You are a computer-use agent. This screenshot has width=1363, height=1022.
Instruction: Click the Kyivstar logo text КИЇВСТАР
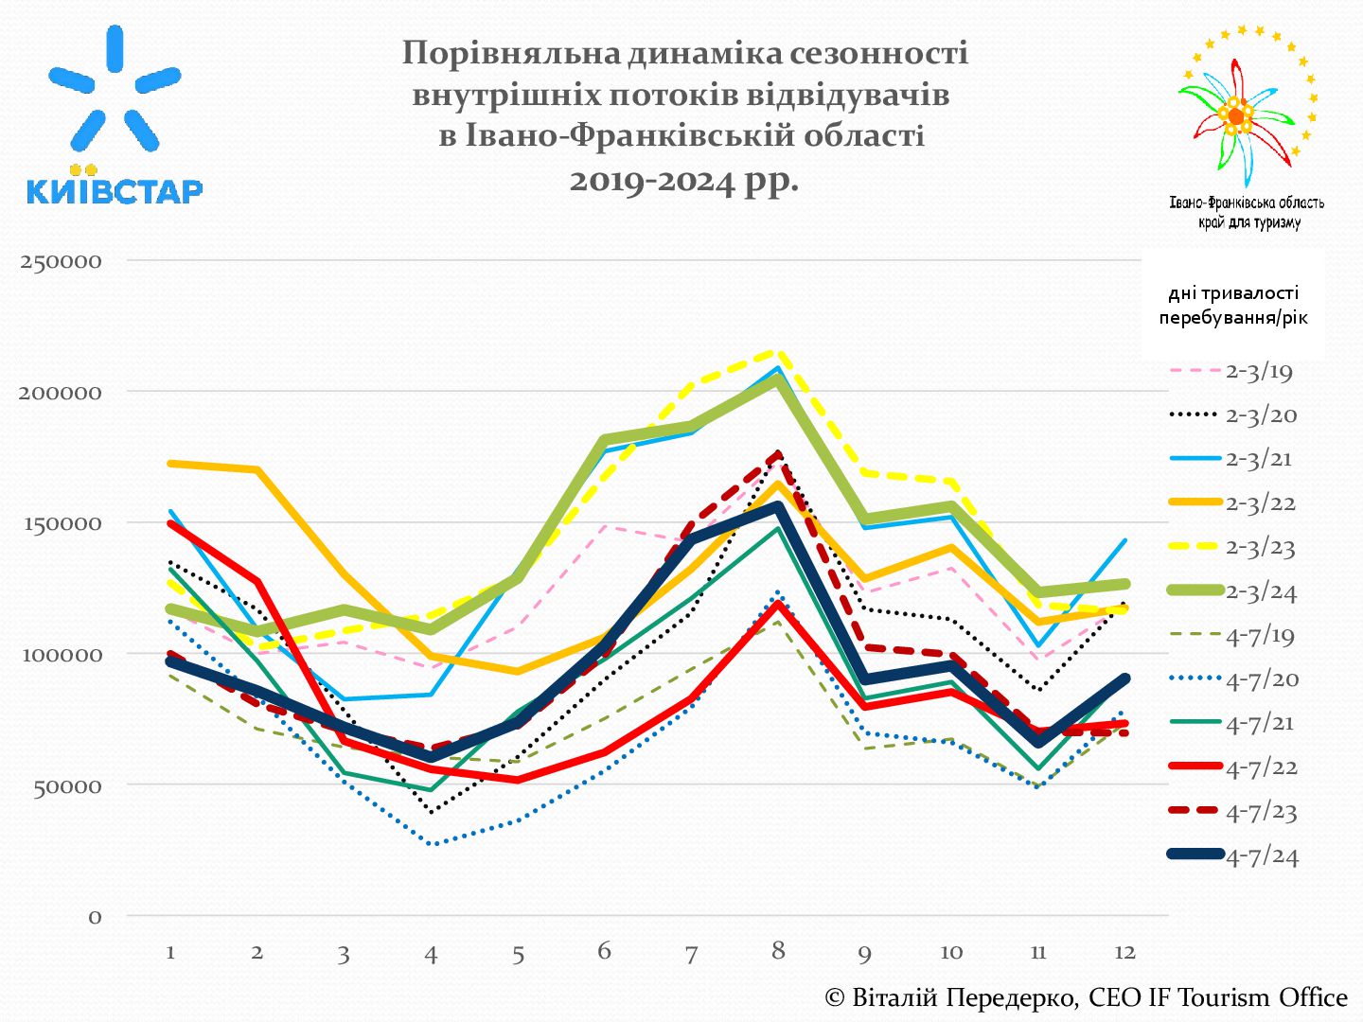115,191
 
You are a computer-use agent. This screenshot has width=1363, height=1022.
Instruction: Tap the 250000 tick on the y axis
61,261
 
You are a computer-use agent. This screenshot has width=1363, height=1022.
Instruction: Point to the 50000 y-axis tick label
66,786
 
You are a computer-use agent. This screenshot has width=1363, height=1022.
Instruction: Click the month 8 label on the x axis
778,950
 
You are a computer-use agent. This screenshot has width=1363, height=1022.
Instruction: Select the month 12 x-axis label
1124,952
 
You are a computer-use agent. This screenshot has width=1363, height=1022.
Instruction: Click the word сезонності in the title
879,53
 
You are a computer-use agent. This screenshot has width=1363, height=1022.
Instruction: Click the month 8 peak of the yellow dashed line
778,352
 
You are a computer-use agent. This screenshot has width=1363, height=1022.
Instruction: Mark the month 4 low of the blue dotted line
432,843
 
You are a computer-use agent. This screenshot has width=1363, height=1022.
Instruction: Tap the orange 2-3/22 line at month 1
171,464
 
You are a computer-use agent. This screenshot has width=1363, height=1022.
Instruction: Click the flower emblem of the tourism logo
1236,115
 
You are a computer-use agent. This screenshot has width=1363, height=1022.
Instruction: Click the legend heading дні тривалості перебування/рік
1232,306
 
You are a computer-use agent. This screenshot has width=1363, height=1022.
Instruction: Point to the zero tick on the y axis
95,917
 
